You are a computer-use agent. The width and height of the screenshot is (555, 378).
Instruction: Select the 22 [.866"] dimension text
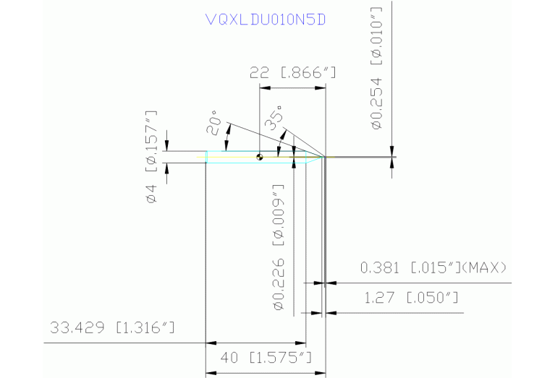click(x=292, y=73)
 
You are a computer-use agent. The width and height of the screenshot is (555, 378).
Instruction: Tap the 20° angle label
click(x=213, y=122)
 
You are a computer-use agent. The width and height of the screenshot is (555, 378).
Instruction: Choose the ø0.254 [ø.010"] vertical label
click(x=375, y=71)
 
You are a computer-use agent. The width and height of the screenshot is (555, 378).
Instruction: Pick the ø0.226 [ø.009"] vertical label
click(x=278, y=247)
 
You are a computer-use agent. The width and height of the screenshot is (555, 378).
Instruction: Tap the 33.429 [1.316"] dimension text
click(x=113, y=328)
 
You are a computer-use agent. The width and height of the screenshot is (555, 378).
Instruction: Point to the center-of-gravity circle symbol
click(x=260, y=156)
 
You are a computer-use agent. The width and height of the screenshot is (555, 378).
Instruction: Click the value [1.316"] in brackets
click(x=146, y=328)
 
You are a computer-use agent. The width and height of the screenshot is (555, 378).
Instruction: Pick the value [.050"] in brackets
click(x=432, y=298)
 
